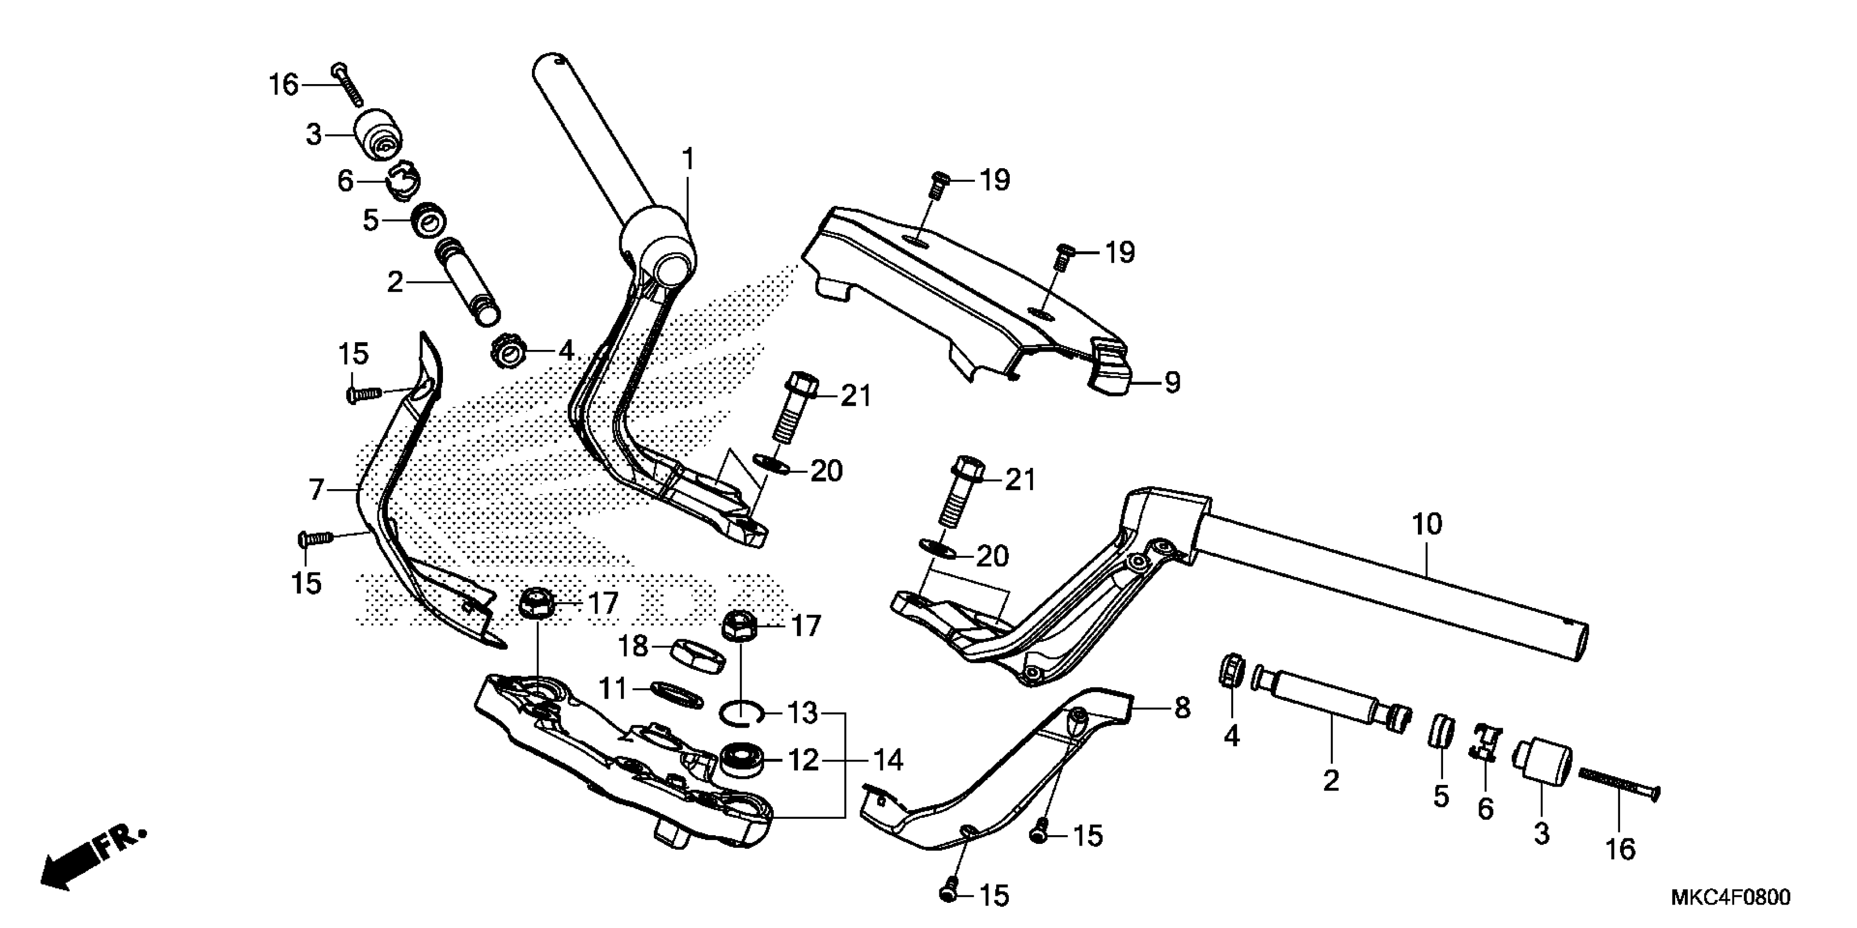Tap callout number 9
1173,382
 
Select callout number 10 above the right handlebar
1427,524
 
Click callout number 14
888,760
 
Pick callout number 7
317,490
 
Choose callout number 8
1182,708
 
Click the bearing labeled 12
743,760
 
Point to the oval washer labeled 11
676,695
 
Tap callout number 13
802,714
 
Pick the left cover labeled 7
404,504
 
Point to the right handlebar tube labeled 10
1406,591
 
